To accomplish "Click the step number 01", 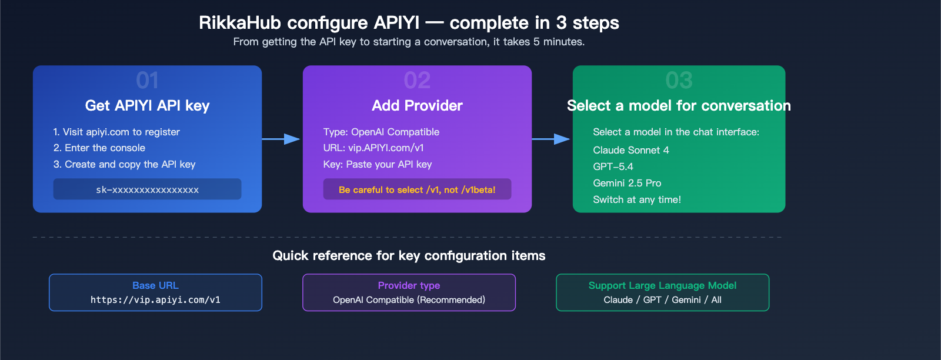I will coord(147,81).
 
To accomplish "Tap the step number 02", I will coord(417,81).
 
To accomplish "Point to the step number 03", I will coord(679,81).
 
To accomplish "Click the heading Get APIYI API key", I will coord(147,105).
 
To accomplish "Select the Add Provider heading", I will coord(417,105).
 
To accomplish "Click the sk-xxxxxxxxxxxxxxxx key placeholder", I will coord(147,189).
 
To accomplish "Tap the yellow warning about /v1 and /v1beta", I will coord(417,189).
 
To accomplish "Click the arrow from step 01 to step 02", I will coord(282,139).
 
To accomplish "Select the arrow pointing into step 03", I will coord(552,139).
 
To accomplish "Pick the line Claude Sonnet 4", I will coord(630,150).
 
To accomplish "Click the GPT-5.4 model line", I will coord(613,166).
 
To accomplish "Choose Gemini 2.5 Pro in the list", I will coord(627,183).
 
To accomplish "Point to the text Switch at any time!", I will coord(637,199).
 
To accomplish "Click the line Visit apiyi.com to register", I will coord(116,132).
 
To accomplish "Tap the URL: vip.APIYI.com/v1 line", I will coord(373,148).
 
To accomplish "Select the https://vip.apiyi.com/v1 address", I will coord(155,300).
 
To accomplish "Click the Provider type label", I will coord(409,285).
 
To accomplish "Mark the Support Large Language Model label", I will coord(662,285).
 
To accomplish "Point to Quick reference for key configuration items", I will coord(409,255).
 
